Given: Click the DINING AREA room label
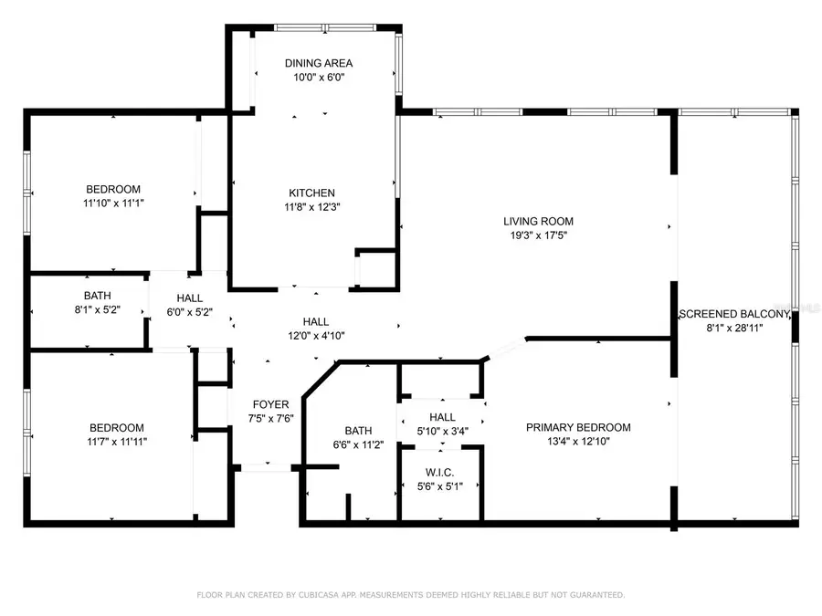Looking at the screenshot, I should [317, 63].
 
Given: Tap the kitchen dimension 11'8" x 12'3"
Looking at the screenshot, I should [311, 207].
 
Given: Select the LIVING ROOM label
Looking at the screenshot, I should [538, 221].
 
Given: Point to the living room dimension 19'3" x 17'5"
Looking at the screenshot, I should [538, 235].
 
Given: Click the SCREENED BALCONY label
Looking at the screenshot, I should [734, 314].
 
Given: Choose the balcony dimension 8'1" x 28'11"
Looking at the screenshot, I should [734, 328].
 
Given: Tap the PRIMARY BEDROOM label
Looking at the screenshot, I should [578, 427].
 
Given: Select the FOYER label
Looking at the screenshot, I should [271, 404].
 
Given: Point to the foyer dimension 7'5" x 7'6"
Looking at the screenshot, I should [271, 419].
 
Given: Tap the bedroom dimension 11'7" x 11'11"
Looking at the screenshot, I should [116, 442].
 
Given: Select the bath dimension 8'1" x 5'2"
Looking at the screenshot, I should [98, 310].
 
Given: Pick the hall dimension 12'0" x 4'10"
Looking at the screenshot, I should [316, 335].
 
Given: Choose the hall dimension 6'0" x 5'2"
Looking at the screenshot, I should [190, 312].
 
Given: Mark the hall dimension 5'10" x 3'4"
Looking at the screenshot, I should [442, 431].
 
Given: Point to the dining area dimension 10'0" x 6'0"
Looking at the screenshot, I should [317, 78].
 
